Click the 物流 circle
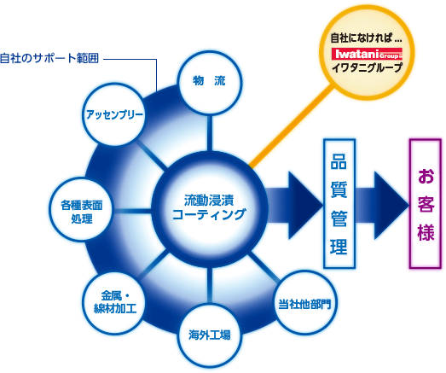[x=210, y=83]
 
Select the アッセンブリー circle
[x=113, y=114]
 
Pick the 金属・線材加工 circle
[x=114, y=303]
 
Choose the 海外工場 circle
[x=210, y=335]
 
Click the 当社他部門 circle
[x=304, y=303]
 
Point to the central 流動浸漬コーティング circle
[x=210, y=209]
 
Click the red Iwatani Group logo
[x=367, y=54]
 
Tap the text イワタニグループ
[x=367, y=67]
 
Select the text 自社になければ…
[x=367, y=38]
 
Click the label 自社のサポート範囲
[x=49, y=58]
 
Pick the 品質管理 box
[x=339, y=204]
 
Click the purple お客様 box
[x=426, y=204]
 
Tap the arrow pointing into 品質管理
[x=294, y=205]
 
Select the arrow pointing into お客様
[x=382, y=205]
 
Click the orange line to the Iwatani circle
[x=291, y=125]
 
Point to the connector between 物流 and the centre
[x=210, y=132]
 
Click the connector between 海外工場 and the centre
[x=210, y=285]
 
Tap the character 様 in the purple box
[x=426, y=232]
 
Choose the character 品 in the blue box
[x=339, y=161]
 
